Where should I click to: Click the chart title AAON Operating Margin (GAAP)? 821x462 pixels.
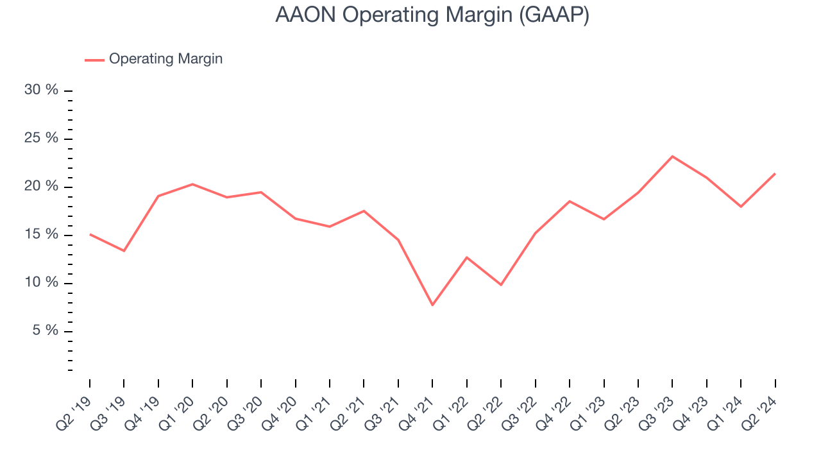coord(432,15)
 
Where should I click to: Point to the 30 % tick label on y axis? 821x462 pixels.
coord(41,90)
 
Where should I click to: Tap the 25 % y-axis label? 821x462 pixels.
coord(41,139)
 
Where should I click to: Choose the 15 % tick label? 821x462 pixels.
coord(41,235)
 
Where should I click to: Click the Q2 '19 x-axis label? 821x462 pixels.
coord(75,411)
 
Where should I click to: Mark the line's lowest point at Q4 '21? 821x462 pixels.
coord(432,305)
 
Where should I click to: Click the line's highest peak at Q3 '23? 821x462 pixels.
coord(672,156)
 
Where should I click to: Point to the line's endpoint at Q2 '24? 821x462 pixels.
coord(775,173)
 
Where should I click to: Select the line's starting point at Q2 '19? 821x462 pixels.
coord(90,234)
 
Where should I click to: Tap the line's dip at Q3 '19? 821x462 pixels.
coord(124,251)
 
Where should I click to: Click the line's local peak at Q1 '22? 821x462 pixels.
coord(467,257)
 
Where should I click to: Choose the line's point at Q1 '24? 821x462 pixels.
coord(741,207)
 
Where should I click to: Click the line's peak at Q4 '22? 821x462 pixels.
coord(570,201)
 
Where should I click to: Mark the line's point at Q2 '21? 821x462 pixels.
coord(364,211)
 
